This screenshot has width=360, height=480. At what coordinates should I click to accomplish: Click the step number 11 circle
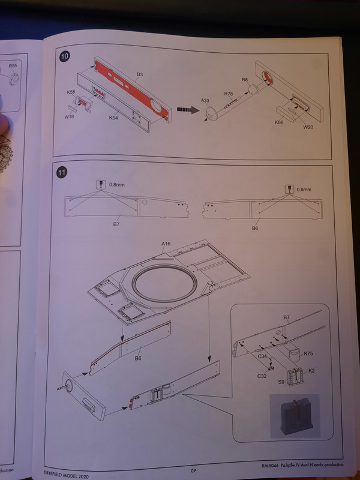point(62,175)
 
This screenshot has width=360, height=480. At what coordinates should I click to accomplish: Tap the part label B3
point(139,74)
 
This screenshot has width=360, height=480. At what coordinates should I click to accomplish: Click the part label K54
point(113,118)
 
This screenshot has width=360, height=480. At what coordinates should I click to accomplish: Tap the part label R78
point(229,94)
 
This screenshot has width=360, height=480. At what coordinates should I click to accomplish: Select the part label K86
point(278,122)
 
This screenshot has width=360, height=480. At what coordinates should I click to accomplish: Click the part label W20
point(307,127)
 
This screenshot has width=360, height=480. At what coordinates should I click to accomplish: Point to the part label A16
point(166,244)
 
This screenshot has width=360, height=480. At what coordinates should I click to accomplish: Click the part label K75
point(309,354)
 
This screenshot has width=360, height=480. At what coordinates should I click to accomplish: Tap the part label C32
point(262,377)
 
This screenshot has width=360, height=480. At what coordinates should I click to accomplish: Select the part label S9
point(281,381)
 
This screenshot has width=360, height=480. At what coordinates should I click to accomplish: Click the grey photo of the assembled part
point(295,415)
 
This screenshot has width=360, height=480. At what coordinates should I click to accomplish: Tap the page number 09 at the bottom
point(194,470)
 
